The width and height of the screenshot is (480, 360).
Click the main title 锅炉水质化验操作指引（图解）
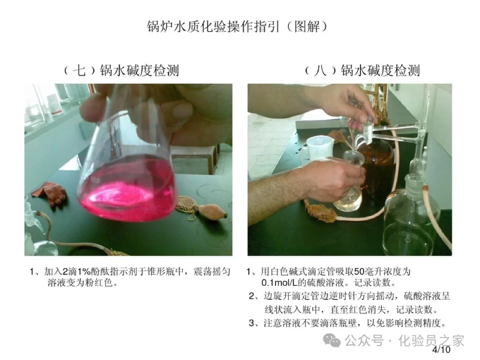pos(237,27)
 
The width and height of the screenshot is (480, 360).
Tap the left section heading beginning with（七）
pos(121,70)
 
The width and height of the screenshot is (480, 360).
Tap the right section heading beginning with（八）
pos(362,70)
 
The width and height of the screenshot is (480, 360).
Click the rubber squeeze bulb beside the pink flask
pos(211,211)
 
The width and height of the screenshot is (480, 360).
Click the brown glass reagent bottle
pos(376,172)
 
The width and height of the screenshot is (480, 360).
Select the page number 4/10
pos(441,350)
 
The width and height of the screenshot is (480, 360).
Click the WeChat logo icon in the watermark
pos(332,340)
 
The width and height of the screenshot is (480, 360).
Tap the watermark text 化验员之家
pos(431,340)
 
